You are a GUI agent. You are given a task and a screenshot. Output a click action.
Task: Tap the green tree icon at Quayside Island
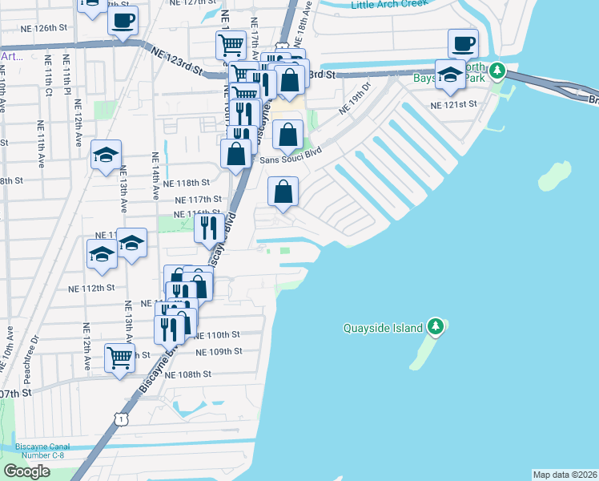click(436, 326)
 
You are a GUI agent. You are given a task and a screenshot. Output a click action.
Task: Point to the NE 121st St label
click(453, 104)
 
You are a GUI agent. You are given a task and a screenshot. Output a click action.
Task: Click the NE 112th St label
click(91, 288)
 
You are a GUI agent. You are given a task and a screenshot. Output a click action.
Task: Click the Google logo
click(26, 471)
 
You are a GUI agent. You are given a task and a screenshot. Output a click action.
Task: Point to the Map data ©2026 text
click(565, 475)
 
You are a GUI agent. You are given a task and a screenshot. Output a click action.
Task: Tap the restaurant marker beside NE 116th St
click(209, 228)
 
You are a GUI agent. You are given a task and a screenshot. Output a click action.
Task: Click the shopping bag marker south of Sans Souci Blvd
click(283, 191)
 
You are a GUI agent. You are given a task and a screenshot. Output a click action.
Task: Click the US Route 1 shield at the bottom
click(119, 418)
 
